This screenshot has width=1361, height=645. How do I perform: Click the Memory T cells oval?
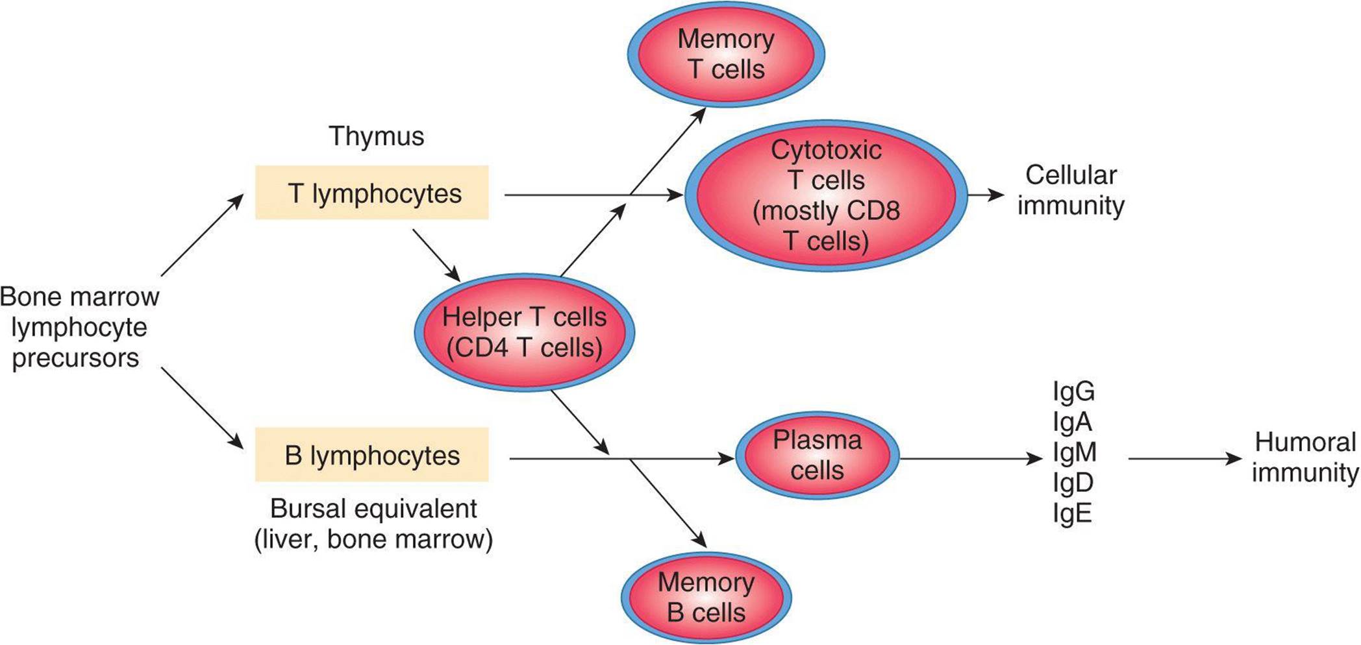tap(726, 55)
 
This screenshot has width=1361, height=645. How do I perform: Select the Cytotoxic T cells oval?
tap(826, 195)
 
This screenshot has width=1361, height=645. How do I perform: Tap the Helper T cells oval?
tap(525, 332)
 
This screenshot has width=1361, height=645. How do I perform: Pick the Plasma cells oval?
tap(817, 456)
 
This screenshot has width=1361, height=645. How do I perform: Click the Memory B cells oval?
tap(706, 597)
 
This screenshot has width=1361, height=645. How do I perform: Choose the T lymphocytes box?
tap(372, 193)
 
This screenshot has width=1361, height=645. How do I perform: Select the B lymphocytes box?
tap(372, 455)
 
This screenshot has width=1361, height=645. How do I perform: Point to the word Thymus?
tap(377, 136)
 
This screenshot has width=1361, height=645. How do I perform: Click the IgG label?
tap(1074, 392)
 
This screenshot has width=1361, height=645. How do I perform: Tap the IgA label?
tap(1073, 422)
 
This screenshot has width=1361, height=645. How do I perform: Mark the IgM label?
tap(1075, 452)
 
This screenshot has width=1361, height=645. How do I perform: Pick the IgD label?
tap(1073, 483)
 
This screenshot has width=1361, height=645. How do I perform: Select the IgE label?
tap(1073, 513)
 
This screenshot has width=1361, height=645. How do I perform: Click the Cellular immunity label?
tap(1071, 190)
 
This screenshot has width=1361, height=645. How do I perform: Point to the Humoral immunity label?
tap(1305, 457)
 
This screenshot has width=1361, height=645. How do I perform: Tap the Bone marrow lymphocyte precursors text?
tap(79, 327)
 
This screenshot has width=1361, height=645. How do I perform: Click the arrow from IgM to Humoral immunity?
tap(1184, 459)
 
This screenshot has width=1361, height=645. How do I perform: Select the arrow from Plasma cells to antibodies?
tap(971, 459)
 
